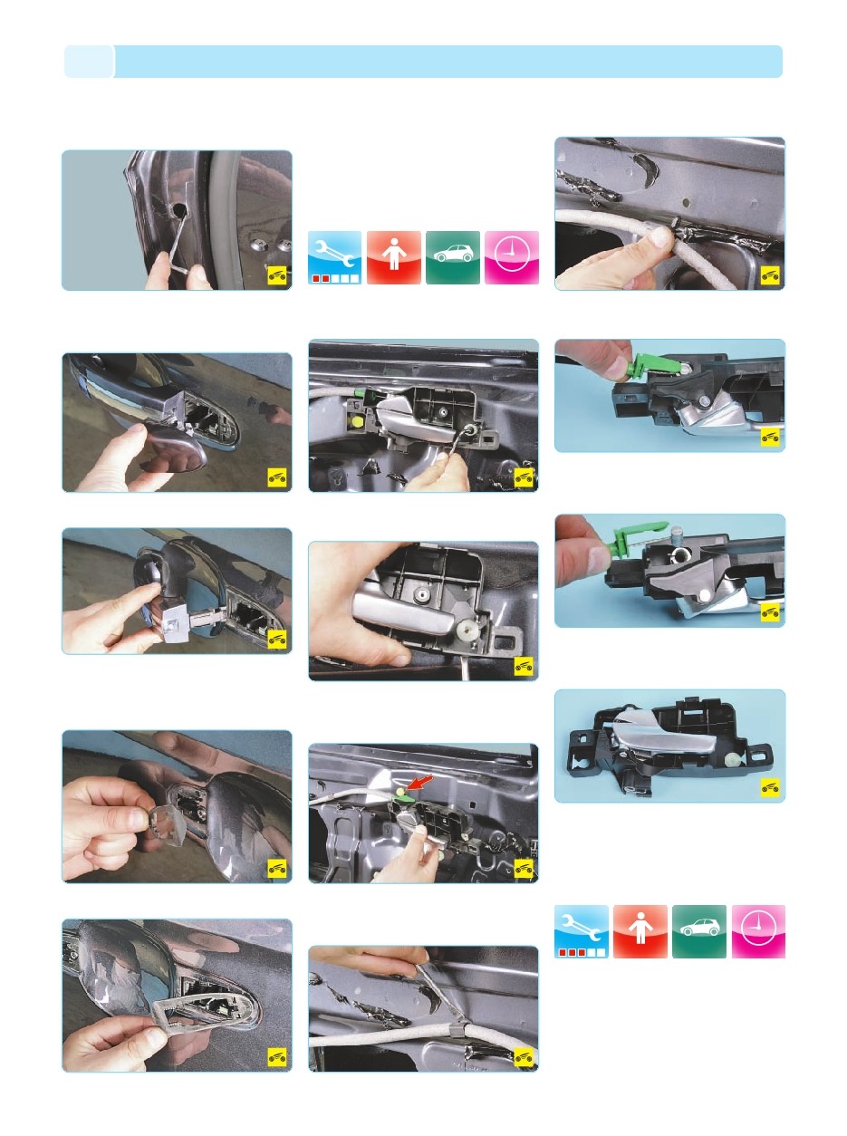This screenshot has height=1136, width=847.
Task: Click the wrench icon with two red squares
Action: (x=334, y=258)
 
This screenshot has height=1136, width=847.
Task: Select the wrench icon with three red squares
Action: (x=581, y=932)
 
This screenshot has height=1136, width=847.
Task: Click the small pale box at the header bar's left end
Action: (x=89, y=62)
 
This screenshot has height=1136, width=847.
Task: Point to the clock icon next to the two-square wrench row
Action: (x=512, y=258)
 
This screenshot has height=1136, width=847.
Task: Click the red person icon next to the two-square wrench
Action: (x=393, y=258)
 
